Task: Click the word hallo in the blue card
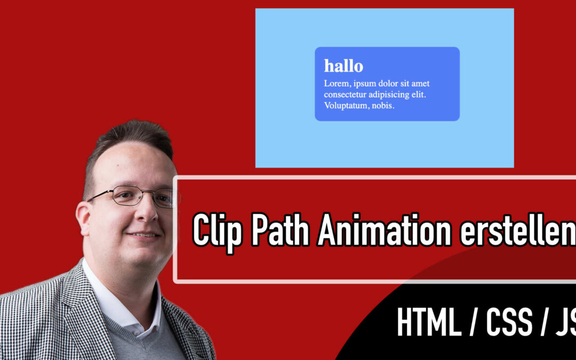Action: coord(343,66)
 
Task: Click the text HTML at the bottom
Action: coord(429,322)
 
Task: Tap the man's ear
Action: coord(83,219)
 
